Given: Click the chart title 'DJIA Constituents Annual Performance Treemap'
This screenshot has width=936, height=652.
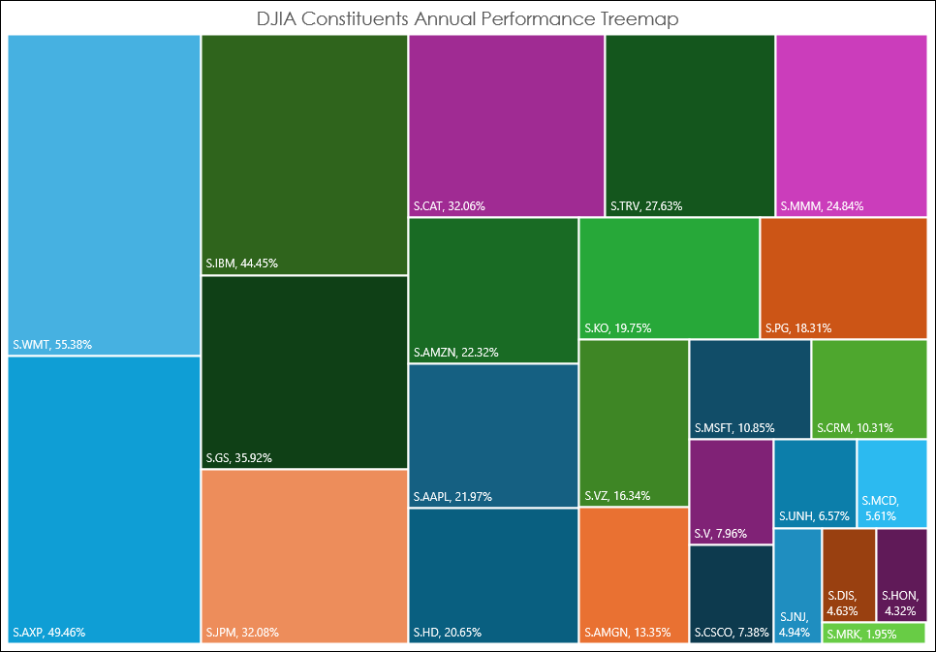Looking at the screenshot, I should (x=468, y=18).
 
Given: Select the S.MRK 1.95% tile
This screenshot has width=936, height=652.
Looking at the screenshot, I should (x=874, y=634).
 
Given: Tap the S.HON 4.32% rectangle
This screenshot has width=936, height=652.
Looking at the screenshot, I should (x=901, y=574).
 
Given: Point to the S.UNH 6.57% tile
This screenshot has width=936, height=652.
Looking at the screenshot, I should (x=814, y=481).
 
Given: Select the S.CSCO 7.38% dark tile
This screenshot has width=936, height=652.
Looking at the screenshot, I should (x=732, y=593).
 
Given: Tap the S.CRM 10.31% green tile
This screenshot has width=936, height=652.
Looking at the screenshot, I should (x=868, y=388).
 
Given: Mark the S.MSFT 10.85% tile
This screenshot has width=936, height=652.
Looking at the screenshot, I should (x=750, y=388).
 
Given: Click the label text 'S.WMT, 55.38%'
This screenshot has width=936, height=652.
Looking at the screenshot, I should (x=52, y=344).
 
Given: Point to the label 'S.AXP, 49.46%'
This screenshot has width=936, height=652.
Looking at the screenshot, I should (x=49, y=633).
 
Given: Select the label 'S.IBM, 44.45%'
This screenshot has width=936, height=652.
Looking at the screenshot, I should (x=241, y=263).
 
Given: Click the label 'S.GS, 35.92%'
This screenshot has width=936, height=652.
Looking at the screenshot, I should (x=238, y=457).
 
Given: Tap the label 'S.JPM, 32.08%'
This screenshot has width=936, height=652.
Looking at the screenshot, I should (x=242, y=633).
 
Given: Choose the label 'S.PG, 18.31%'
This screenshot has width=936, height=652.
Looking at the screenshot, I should (x=797, y=327).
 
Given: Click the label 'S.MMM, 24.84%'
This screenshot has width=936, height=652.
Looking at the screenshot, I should (x=822, y=205).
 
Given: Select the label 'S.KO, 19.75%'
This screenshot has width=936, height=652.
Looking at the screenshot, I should (x=617, y=327).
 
